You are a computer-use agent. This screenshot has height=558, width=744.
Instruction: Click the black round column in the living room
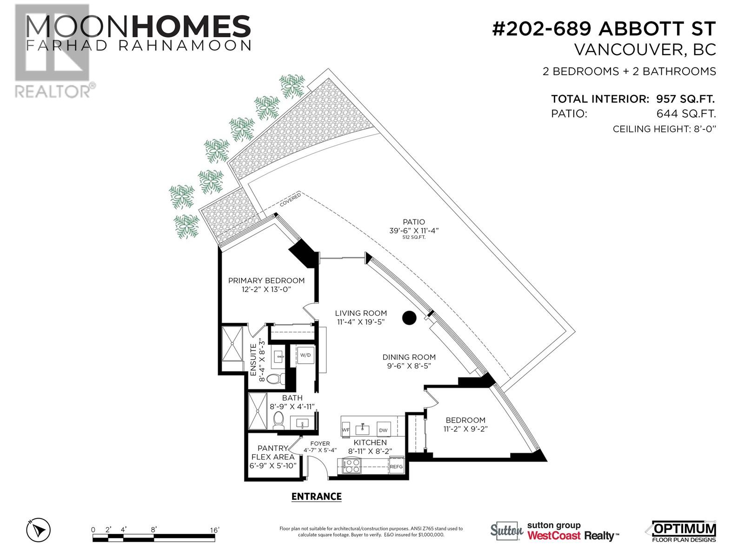pyautogui.click(x=409, y=318)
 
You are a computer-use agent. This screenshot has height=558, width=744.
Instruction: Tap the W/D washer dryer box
pyautogui.click(x=306, y=355)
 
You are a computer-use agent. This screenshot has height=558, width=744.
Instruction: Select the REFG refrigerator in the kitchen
pyautogui.click(x=396, y=466)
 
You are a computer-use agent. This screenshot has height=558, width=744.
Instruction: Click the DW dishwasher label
pyautogui.click(x=383, y=430)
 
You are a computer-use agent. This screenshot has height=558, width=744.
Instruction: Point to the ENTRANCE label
pyautogui.click(x=316, y=497)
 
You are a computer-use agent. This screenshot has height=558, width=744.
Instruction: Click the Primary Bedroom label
pyautogui.click(x=266, y=280)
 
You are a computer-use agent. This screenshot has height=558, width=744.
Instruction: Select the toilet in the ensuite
pyautogui.click(x=278, y=379)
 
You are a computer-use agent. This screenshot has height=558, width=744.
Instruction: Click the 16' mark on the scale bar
pyautogui.click(x=214, y=530)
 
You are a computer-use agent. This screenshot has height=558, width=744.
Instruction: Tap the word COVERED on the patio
pyautogui.click(x=290, y=200)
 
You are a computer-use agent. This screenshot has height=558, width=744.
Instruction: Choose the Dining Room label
pyautogui.click(x=409, y=357)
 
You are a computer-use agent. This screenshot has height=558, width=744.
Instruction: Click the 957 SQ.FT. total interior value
pyautogui.click(x=685, y=99)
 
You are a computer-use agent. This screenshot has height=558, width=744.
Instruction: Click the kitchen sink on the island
pyautogui.click(x=363, y=429)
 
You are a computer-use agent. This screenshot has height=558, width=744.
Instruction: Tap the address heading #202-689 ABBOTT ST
pyautogui.click(x=604, y=29)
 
